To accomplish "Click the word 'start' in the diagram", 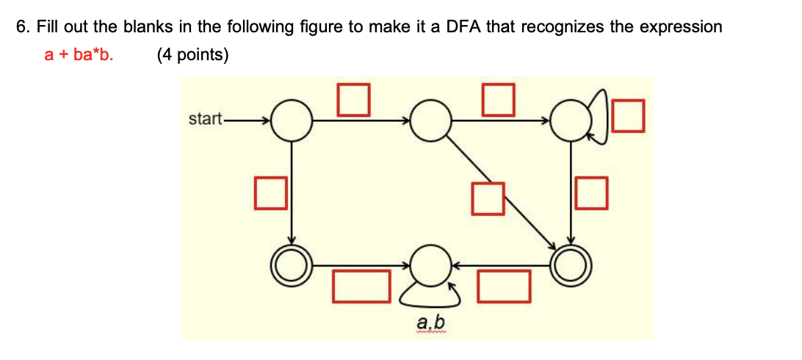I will click(204, 118).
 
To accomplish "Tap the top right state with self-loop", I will click(571, 120).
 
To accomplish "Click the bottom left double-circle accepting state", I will click(292, 262).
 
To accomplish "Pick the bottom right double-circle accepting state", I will click(571, 262).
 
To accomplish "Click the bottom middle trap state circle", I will click(430, 262).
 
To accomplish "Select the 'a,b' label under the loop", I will click(430, 323).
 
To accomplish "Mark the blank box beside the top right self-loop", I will click(629, 116).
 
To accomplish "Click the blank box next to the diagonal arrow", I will click(488, 198).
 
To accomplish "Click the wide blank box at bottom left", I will click(361, 287).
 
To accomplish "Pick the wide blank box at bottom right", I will click(504, 287).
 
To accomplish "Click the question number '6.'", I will click(24, 27).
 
